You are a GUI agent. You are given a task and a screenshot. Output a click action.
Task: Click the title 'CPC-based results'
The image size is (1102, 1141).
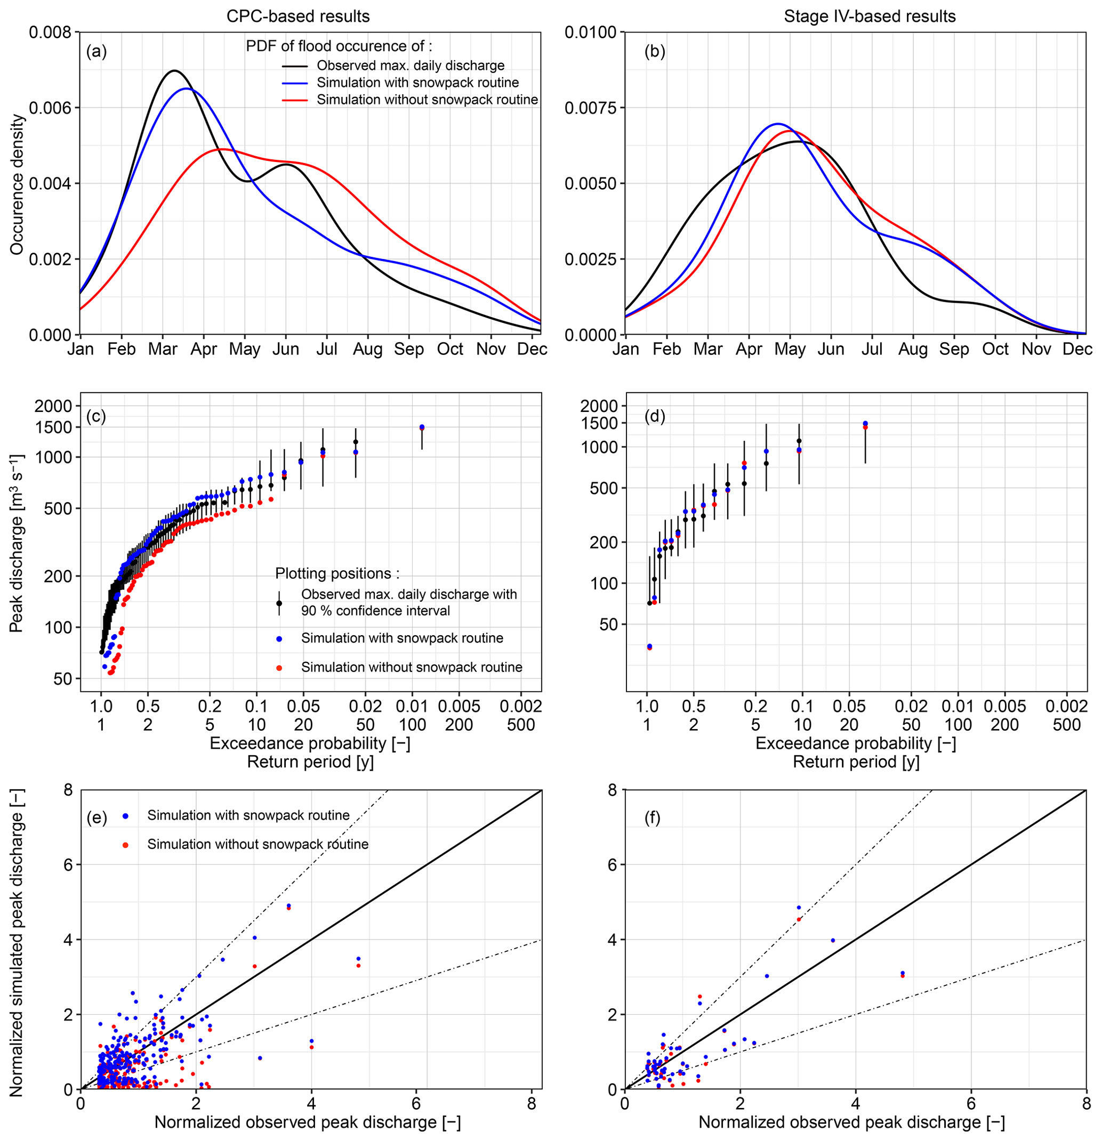coord(297,17)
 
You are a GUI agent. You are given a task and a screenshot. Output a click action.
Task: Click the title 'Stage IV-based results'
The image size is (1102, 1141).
coord(869,17)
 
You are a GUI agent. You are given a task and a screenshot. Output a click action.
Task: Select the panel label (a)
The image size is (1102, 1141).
coord(96,52)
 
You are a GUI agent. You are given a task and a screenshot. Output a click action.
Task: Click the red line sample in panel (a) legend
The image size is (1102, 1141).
coord(296,100)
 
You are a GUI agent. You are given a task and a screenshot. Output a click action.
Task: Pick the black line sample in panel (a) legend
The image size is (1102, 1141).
coord(296,66)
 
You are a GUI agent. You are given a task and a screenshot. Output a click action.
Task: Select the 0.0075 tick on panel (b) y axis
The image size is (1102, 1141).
coord(591,108)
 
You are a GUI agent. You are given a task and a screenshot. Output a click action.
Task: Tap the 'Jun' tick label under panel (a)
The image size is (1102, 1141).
coord(285,349)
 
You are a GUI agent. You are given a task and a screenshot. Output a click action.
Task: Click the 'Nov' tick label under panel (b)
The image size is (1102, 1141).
coord(1036,349)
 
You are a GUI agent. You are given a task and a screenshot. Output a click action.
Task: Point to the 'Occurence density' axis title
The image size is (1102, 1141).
coord(18,184)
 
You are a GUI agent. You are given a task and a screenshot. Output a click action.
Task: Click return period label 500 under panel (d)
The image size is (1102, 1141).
coord(1066,725)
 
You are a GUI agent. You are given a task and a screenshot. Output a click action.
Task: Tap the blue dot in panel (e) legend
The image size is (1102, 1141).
coord(125,816)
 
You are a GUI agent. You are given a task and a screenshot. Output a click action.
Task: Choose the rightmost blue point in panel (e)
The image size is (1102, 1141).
coord(358,958)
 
